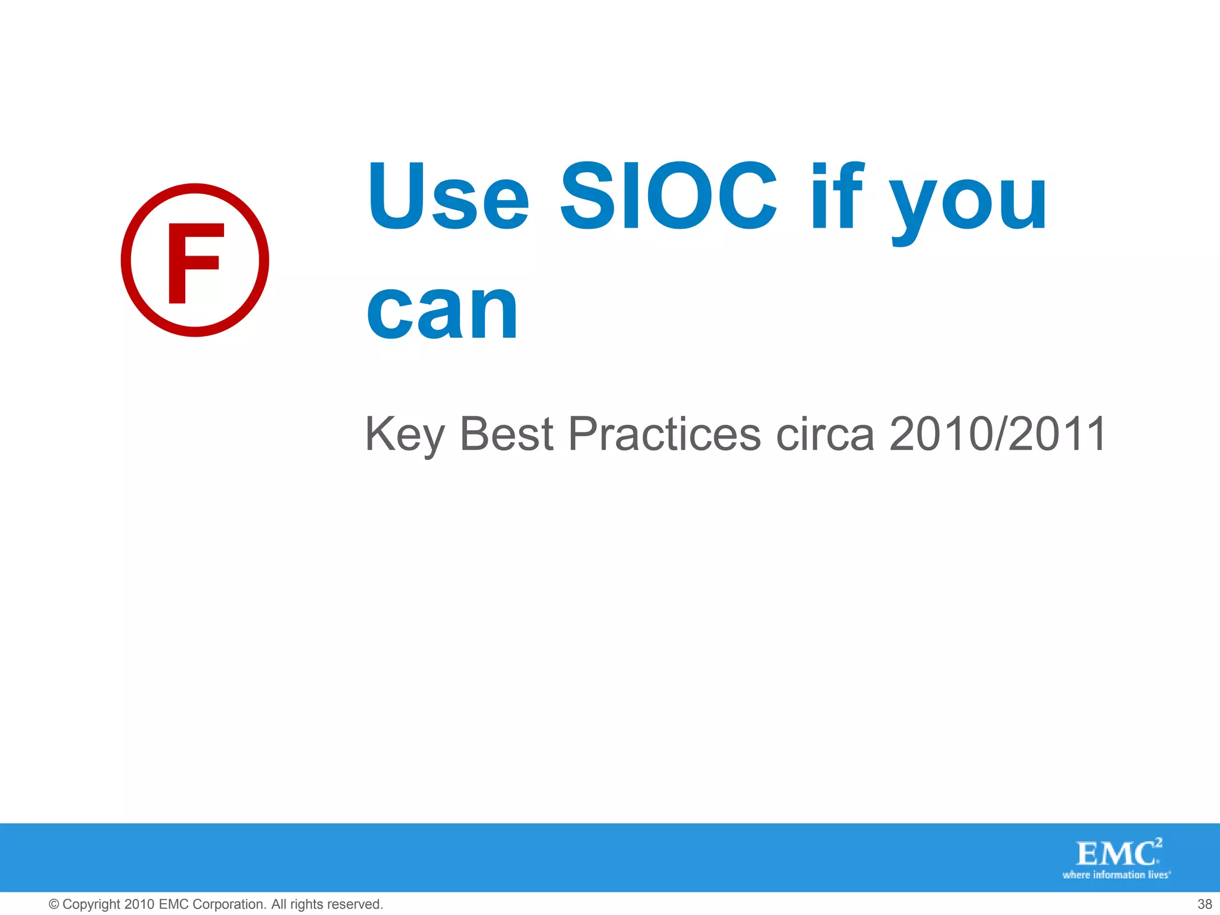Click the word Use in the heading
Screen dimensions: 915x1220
(x=449, y=196)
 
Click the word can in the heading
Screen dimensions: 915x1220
(x=442, y=312)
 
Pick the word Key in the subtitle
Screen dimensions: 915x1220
(x=404, y=434)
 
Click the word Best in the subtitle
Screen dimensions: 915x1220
(x=507, y=433)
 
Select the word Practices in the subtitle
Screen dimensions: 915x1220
(x=665, y=433)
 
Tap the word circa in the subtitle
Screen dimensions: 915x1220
(x=825, y=433)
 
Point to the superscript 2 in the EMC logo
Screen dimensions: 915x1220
(x=1158, y=842)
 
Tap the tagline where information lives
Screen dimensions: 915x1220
(x=1116, y=875)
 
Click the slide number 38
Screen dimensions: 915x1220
(x=1205, y=904)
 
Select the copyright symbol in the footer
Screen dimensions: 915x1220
(x=54, y=904)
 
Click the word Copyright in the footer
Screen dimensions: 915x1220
(x=91, y=904)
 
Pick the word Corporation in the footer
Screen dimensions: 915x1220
(x=229, y=904)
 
